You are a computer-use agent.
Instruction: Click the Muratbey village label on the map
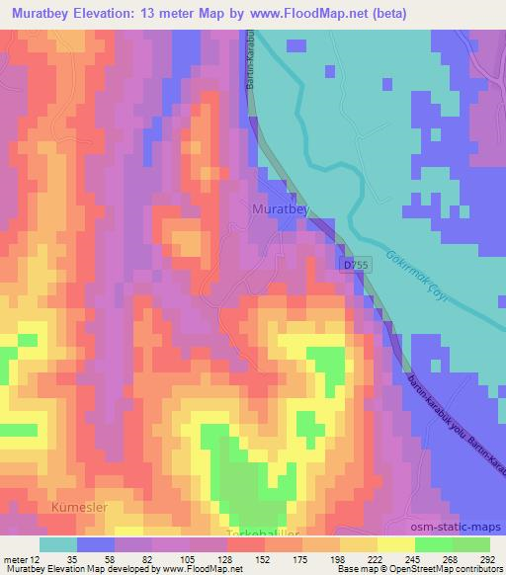pos(280,209)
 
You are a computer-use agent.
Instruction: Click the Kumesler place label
pos(79,507)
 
